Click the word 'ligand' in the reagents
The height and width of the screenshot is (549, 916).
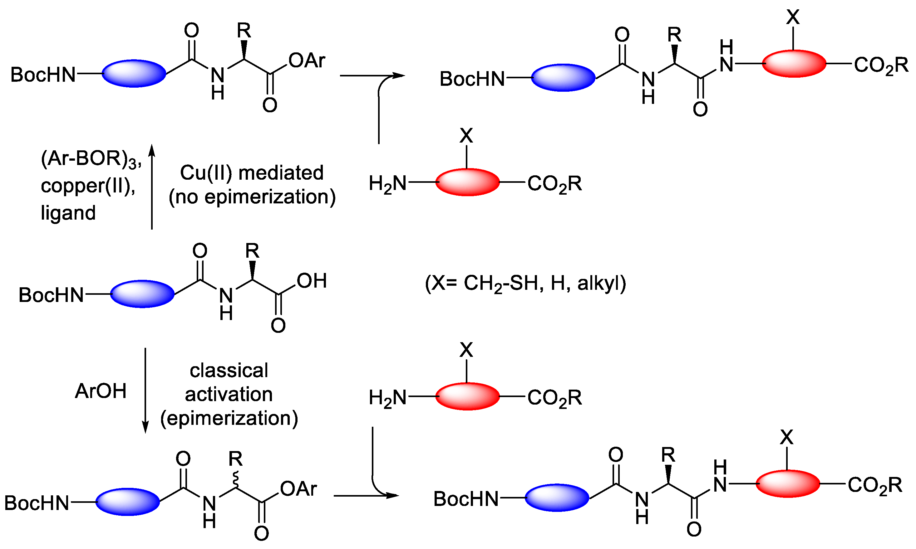(68, 213)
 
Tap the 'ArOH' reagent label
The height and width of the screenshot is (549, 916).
(101, 391)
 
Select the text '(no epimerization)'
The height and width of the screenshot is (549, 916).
(252, 197)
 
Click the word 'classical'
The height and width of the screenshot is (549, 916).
(229, 370)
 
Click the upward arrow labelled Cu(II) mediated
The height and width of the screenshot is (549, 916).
(152, 187)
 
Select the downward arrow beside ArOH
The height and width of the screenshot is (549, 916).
(145, 390)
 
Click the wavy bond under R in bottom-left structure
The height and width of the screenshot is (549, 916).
(235, 479)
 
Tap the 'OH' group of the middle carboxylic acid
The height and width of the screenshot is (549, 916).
(312, 281)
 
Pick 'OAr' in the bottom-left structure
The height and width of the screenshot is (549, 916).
(298, 489)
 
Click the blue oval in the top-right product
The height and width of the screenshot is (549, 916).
(563, 77)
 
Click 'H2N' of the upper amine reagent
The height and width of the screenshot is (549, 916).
(387, 184)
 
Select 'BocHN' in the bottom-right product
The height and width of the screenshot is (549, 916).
(466, 499)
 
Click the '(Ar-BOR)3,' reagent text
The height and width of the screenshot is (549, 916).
(91, 159)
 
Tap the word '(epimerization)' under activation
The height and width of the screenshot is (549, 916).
(229, 418)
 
